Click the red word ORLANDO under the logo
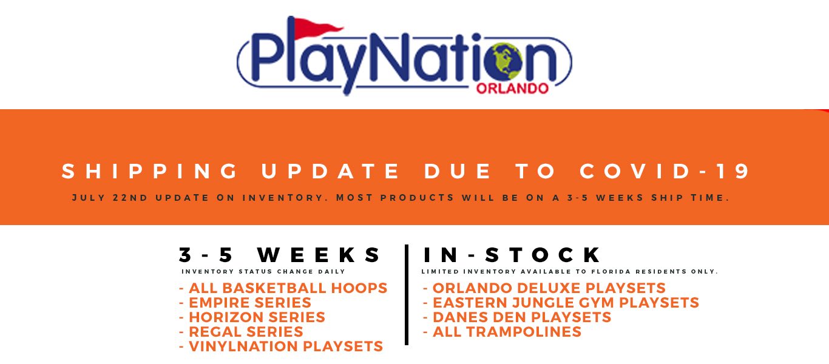512,89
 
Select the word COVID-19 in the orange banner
666,172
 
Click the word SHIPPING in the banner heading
151,172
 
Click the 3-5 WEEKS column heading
280,255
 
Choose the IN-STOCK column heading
512,255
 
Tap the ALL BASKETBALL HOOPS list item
283,288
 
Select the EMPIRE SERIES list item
245,303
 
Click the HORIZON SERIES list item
252,317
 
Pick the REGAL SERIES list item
242,332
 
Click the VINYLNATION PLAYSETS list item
281,346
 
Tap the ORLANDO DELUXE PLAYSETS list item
544,288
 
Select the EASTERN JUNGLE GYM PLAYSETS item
561,303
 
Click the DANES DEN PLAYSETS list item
517,317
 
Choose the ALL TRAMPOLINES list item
502,332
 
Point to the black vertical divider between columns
406,295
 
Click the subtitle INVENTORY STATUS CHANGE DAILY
263,272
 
